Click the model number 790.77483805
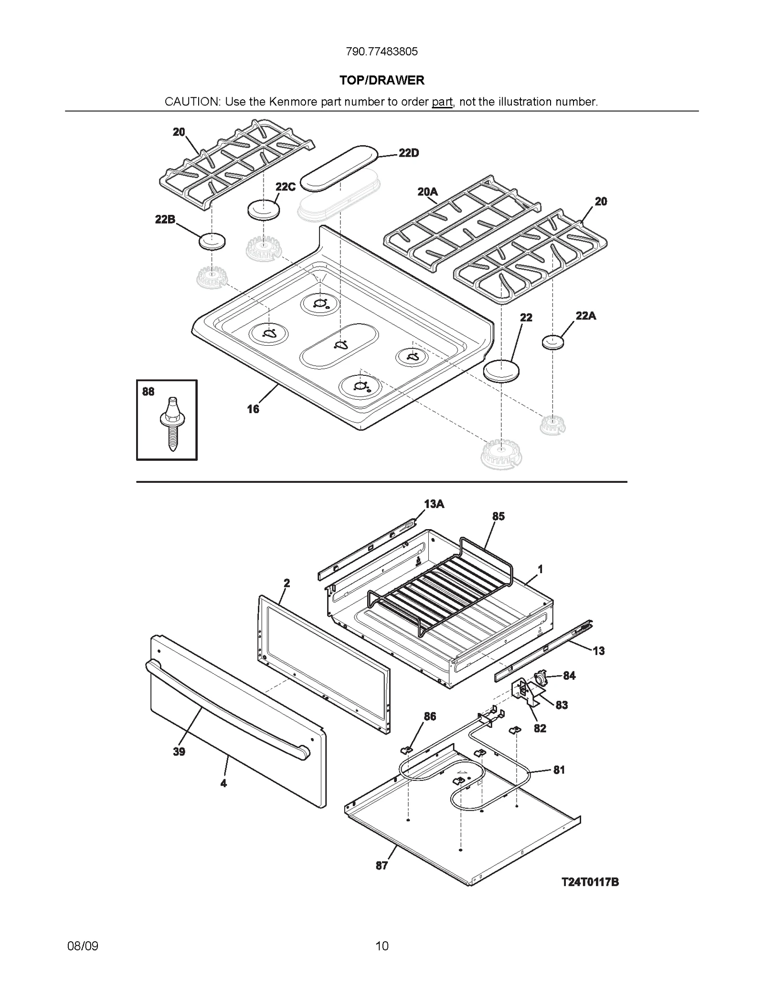(x=382, y=52)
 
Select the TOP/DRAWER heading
(x=382, y=80)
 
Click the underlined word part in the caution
(x=442, y=102)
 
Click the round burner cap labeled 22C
(x=264, y=210)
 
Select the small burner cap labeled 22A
(x=552, y=342)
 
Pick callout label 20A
(x=427, y=191)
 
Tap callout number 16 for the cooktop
(x=253, y=409)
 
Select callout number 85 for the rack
(x=498, y=516)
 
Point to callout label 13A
(x=434, y=504)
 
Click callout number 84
(x=569, y=675)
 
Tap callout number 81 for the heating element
(x=559, y=769)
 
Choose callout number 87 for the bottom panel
(x=382, y=865)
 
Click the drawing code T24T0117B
(x=590, y=882)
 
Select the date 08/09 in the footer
(x=83, y=946)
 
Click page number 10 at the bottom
(x=382, y=946)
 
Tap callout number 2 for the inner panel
(x=286, y=583)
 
